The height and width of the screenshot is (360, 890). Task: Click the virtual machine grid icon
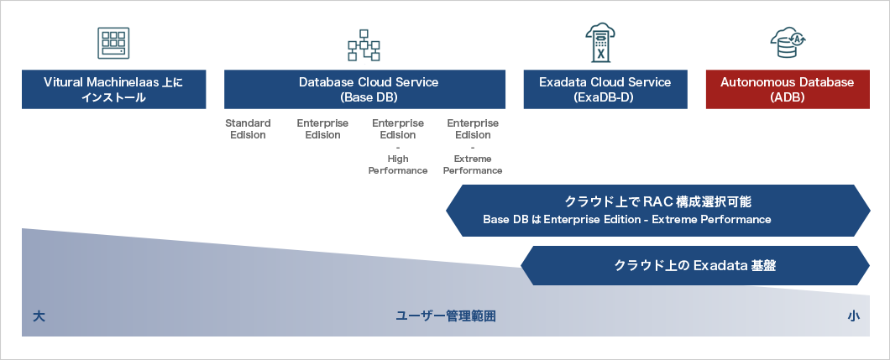[x=113, y=43]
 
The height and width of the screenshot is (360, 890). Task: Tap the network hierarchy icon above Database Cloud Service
[x=364, y=45]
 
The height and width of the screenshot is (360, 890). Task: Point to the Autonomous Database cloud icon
[x=788, y=41]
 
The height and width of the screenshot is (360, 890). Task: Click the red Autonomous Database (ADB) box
[x=788, y=90]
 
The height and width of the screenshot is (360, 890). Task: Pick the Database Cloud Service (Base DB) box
[x=364, y=90]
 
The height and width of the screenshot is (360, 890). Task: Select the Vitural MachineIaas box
[x=113, y=90]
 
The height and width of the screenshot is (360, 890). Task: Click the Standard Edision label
[x=248, y=129]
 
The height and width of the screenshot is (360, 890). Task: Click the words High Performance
[x=397, y=164]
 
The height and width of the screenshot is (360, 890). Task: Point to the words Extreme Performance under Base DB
[x=473, y=164]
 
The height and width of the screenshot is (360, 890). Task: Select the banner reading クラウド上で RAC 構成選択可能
[x=658, y=210]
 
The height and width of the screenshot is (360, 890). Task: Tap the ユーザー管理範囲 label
[x=446, y=316]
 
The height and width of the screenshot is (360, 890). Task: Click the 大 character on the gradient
[x=39, y=316]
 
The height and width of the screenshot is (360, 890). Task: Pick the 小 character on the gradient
[x=853, y=316]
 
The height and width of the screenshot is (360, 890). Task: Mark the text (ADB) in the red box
[x=788, y=97]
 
